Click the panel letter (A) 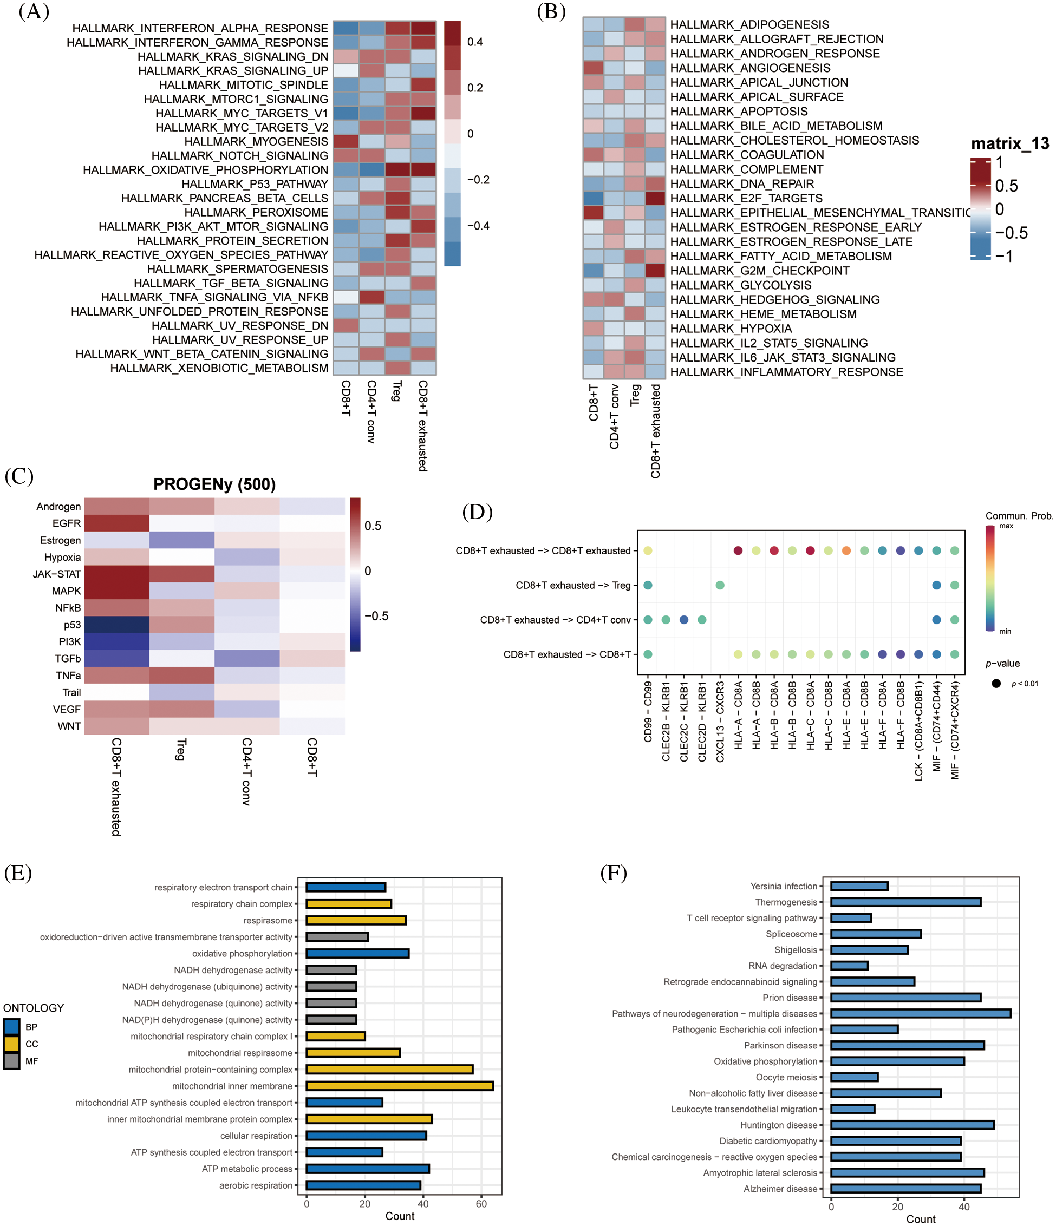(34, 11)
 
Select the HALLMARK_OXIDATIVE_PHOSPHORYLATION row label (205, 170)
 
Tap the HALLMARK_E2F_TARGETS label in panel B (746, 198)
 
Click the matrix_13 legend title (1009, 144)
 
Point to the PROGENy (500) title (214, 484)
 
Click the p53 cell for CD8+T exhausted (116, 624)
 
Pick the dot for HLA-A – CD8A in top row (738, 550)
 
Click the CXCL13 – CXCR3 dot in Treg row (720, 585)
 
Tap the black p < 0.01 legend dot (996, 684)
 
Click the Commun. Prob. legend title (1019, 515)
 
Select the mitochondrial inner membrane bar (400, 1086)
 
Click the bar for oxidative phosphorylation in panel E (357, 953)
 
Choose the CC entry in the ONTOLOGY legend (12, 1044)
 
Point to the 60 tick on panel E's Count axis (481, 1203)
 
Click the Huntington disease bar (912, 1125)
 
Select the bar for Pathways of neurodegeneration (921, 1014)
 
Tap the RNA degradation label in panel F (782, 966)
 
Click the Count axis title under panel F (921, 1219)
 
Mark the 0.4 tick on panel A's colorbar (475, 42)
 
